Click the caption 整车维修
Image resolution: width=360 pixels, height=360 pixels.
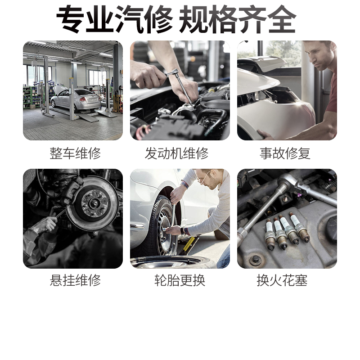[75, 153]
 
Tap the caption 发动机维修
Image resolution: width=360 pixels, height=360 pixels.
[176, 153]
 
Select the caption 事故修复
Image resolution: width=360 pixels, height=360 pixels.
[285, 153]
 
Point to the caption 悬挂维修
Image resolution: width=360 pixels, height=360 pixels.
[75, 280]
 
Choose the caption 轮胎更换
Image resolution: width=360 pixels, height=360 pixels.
[180, 280]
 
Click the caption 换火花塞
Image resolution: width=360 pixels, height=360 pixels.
[282, 280]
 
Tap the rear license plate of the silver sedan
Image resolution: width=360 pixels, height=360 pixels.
[93, 100]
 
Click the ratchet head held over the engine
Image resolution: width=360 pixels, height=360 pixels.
[172, 72]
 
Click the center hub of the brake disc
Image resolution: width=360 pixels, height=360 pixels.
[94, 204]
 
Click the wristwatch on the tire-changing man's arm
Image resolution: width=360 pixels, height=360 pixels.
[183, 230]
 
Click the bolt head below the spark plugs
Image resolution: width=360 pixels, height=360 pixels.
[256, 260]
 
